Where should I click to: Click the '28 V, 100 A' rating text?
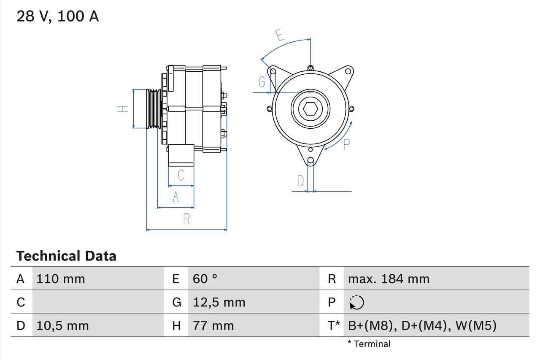point(57,16)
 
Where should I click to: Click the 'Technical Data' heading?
point(66,256)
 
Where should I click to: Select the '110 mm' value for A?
point(60,279)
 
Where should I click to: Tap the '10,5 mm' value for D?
point(62,326)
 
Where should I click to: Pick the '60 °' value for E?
point(205,279)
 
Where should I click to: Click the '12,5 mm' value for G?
point(219,302)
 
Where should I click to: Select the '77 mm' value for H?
point(213,326)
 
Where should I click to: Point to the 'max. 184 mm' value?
point(389,279)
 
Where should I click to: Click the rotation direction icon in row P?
point(356,302)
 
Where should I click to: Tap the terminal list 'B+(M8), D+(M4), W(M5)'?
point(422,326)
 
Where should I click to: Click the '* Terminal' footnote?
point(369,344)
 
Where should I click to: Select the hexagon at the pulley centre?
point(310,109)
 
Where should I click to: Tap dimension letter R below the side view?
point(186,219)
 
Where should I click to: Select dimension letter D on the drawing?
point(300,181)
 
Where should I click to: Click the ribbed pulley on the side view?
point(154,108)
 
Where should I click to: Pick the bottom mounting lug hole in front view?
point(311,160)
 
